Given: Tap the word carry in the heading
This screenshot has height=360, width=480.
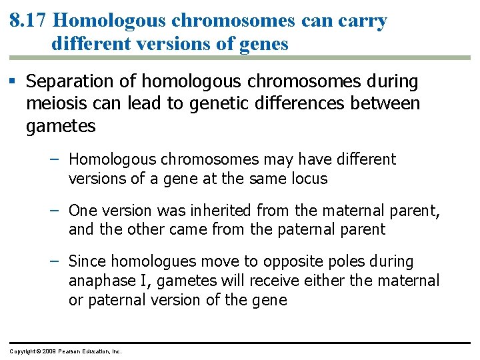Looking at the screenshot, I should click(x=363, y=21).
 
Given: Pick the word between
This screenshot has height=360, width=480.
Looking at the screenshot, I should click(x=391, y=104).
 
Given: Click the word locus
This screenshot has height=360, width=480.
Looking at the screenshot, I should click(x=309, y=179).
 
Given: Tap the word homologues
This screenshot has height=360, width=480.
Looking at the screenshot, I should click(x=153, y=261).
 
